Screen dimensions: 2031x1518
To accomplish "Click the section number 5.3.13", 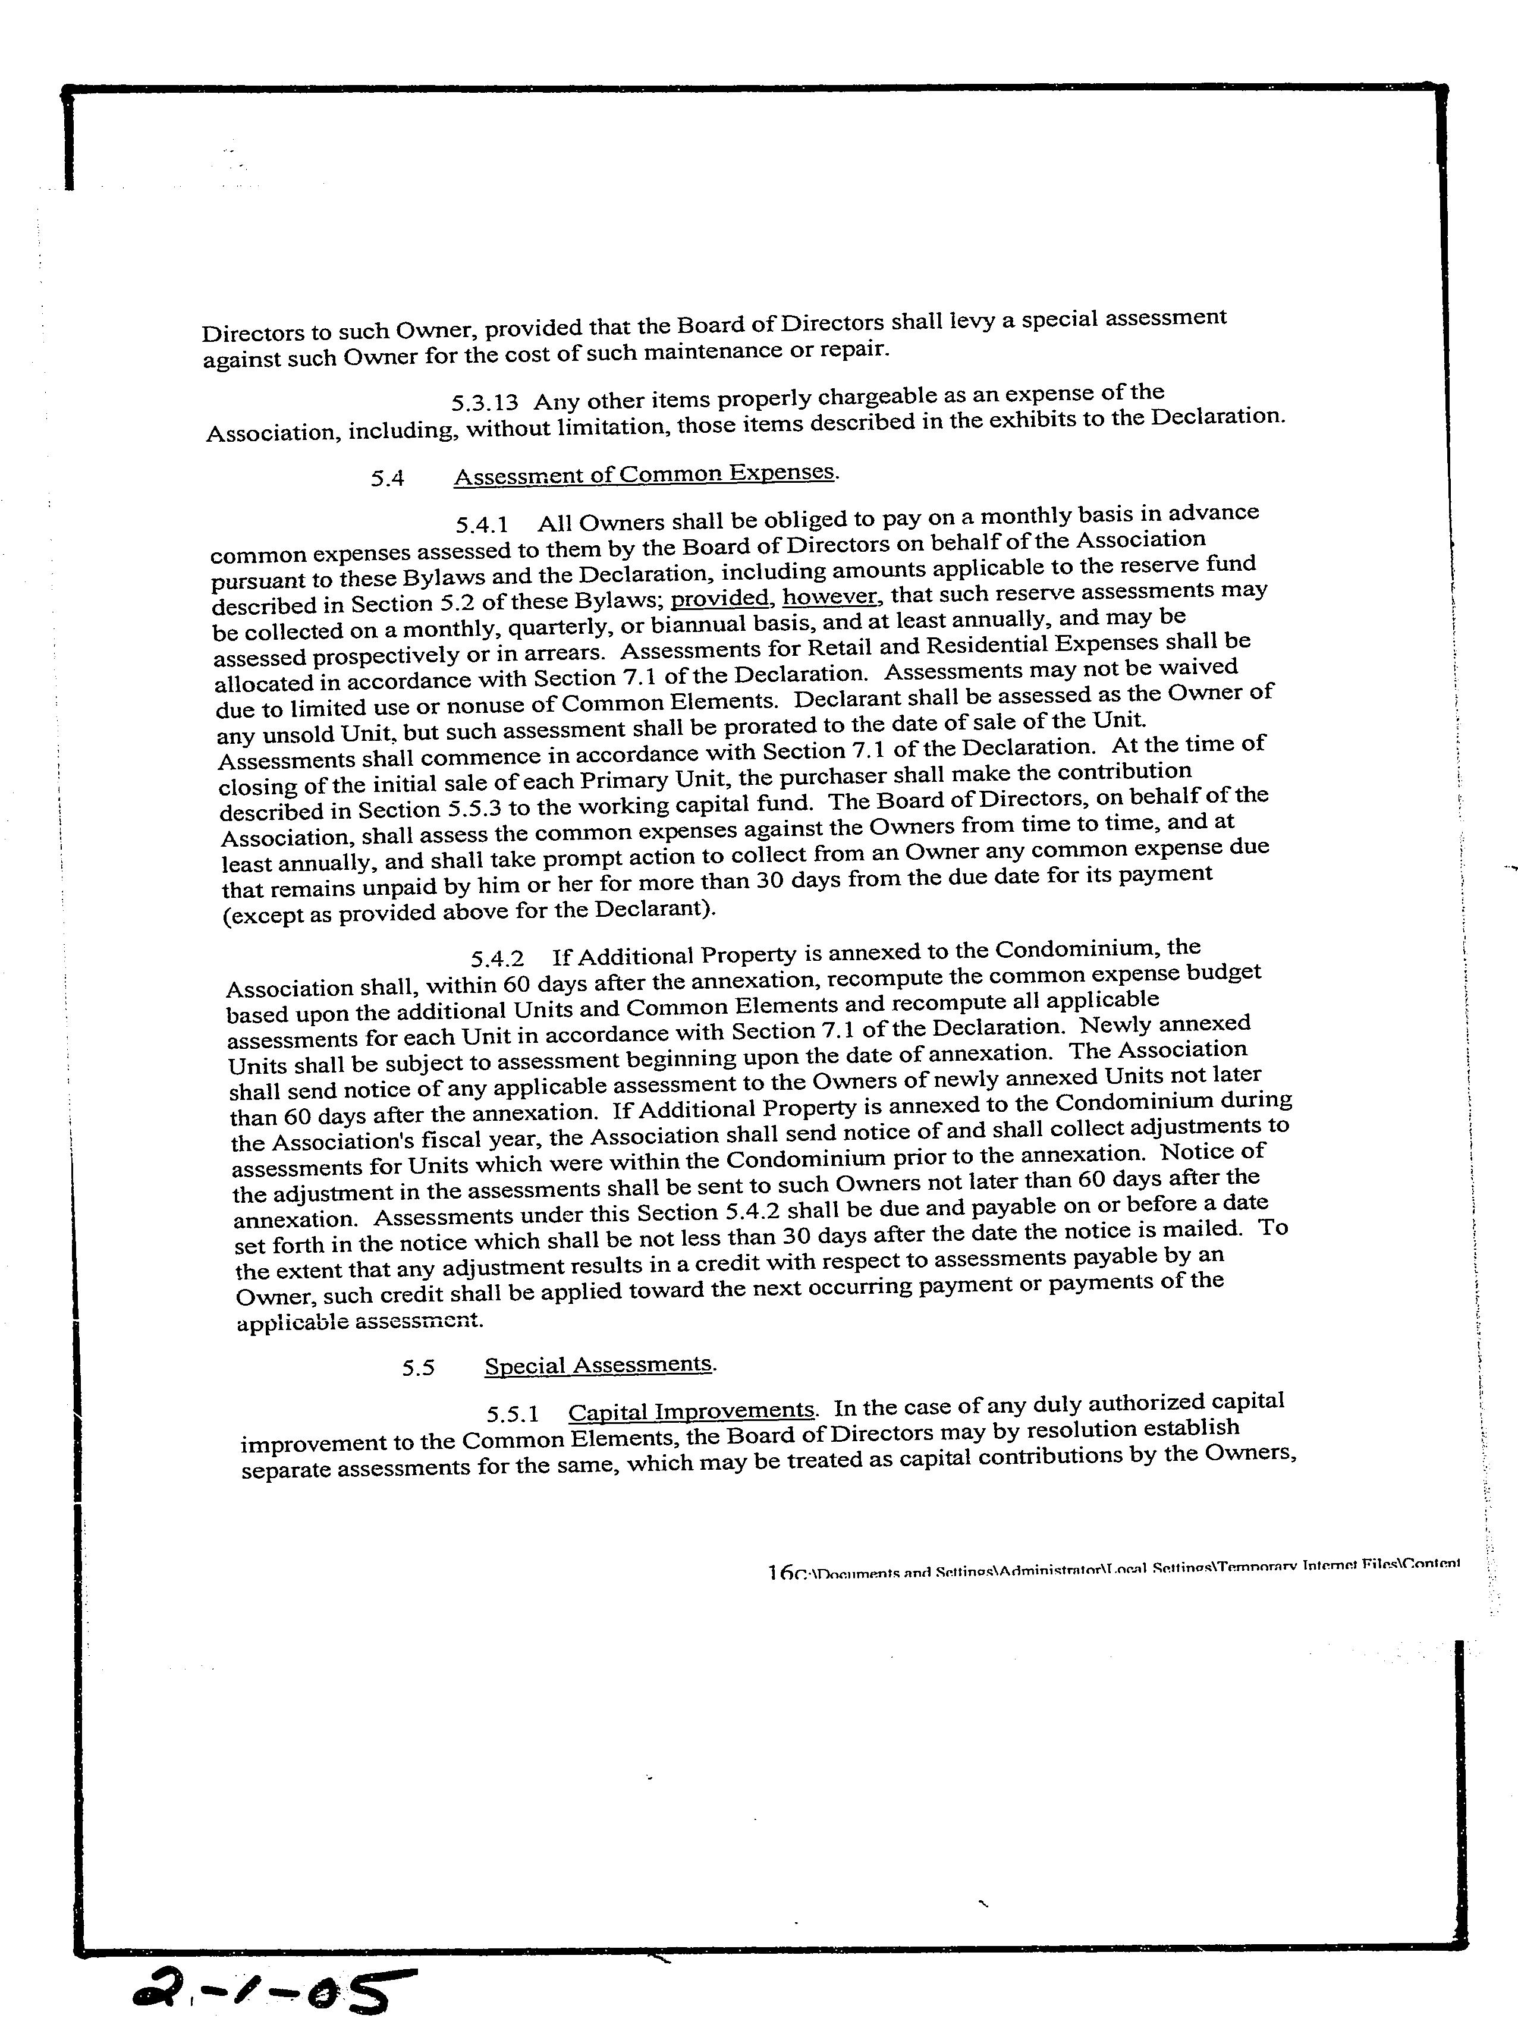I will tap(484, 402).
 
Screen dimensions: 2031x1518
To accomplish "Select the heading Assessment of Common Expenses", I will tap(645, 474).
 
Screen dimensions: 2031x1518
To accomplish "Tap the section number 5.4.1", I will tap(482, 524).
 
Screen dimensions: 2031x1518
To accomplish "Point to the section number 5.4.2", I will tap(497, 958).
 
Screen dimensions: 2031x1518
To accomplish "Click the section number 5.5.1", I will tap(513, 1414).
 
